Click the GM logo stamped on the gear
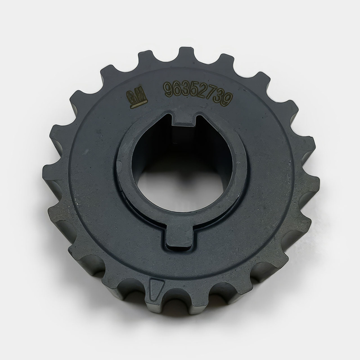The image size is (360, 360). click(137, 97)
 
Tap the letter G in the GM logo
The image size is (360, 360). click(132, 97)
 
